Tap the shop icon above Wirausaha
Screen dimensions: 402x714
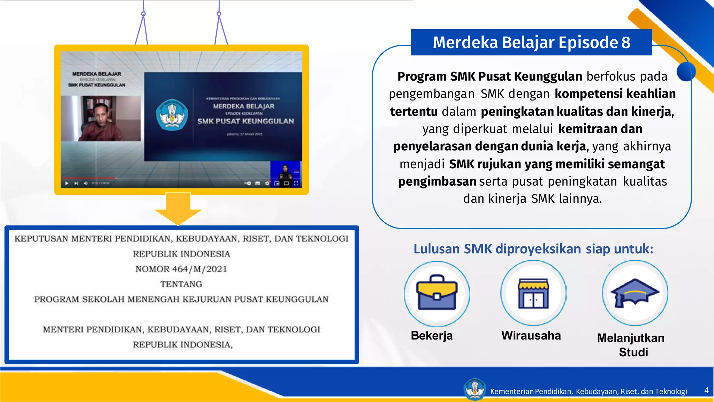[533, 293]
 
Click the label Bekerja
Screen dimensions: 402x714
[432, 335]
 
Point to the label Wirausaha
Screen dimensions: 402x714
[531, 335]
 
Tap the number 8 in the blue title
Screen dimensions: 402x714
[626, 42]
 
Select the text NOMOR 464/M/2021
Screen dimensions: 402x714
[181, 269]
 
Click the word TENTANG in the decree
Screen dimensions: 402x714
[181, 284]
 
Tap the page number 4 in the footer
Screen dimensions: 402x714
[706, 390]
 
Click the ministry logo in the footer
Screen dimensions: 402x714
[474, 389]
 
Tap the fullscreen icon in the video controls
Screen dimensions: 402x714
[296, 183]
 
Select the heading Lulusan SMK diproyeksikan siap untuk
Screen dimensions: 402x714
[533, 249]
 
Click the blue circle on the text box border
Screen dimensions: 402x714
[686, 71]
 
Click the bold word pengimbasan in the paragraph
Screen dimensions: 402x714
[437, 181]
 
